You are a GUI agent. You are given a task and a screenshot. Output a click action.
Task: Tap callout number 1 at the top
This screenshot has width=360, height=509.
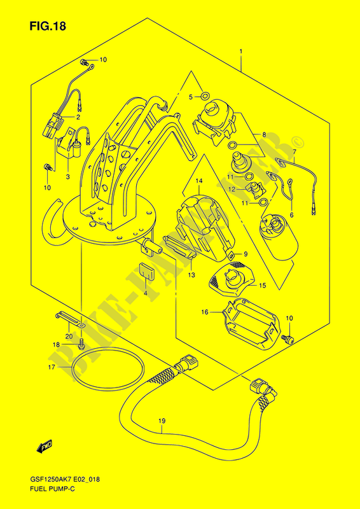coord(241,51)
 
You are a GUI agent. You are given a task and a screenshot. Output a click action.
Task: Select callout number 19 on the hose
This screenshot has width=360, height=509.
coord(162,421)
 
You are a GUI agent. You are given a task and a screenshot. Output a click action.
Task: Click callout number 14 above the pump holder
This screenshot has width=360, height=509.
coord(198,182)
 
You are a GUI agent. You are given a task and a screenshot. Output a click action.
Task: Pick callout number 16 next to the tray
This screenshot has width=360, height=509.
coord(204,312)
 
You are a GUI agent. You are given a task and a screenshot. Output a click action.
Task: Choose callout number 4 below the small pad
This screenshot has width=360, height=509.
coord(145,293)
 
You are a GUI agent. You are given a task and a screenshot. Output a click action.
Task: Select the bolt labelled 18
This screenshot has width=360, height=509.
coord(82,345)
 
